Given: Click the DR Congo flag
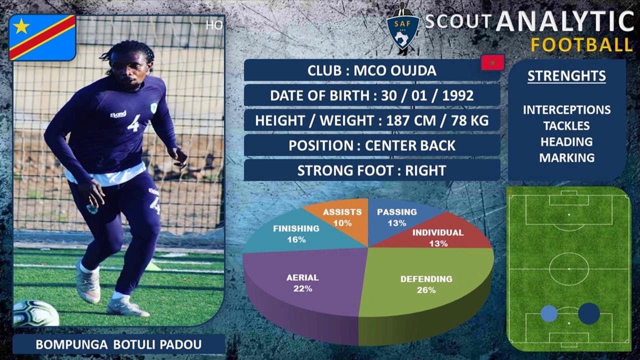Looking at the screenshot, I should (42, 37).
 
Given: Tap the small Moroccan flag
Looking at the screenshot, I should (492, 62).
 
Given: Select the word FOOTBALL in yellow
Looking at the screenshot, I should (581, 45).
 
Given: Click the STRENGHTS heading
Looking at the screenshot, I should (566, 76).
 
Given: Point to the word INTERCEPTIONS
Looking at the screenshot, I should (566, 110).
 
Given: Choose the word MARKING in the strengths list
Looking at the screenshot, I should (566, 158).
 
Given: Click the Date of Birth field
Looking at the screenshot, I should (371, 95).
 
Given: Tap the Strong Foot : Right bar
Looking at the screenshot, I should (371, 170).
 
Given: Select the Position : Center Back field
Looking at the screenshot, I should (371, 145).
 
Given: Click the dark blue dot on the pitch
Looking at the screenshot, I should (589, 313).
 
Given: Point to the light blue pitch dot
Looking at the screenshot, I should (549, 313).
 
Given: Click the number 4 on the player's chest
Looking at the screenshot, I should (133, 123).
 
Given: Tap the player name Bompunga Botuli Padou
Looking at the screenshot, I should (118, 344).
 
